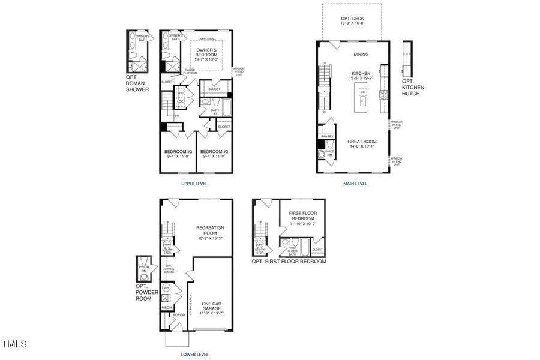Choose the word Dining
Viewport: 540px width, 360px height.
tap(361, 54)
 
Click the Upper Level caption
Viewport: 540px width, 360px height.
tap(194, 184)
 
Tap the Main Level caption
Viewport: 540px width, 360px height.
tap(353, 184)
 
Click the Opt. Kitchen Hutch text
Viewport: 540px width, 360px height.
tap(413, 88)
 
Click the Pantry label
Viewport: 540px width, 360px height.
tap(327, 136)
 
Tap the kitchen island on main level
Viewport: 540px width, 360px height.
tap(362, 99)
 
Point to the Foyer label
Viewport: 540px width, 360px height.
tap(179, 314)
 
